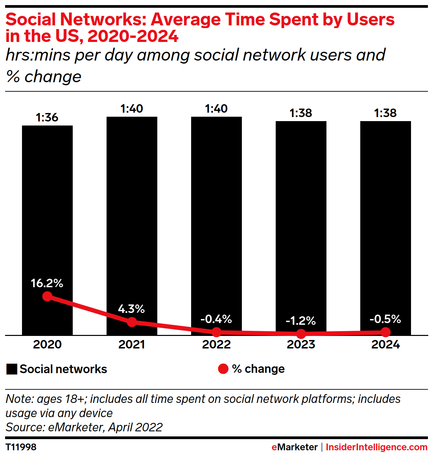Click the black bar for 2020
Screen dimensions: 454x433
[x=47, y=203]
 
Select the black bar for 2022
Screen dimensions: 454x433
[x=216, y=203]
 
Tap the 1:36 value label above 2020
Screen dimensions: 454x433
[x=47, y=117]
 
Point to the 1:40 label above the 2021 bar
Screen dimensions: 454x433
[x=132, y=109]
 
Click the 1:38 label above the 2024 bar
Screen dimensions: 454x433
[x=385, y=113]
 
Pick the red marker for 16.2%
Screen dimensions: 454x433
[x=47, y=296]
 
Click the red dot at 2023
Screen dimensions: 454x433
[x=301, y=334]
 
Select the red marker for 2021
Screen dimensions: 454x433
[x=132, y=322]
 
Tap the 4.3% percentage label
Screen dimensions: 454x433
[x=131, y=309]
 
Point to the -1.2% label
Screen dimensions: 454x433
[x=301, y=321]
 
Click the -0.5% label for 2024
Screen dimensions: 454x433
[x=385, y=319]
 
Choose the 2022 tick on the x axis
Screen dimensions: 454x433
[x=216, y=344]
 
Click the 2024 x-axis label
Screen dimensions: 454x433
[x=386, y=344]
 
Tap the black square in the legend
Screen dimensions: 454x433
[x=12, y=369]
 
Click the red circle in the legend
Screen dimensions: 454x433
[x=223, y=369]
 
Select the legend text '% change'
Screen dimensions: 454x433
[x=258, y=369]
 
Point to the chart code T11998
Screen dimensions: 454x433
[x=21, y=447]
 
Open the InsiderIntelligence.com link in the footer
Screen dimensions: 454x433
[x=377, y=447]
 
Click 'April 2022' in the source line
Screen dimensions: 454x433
[x=135, y=427]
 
